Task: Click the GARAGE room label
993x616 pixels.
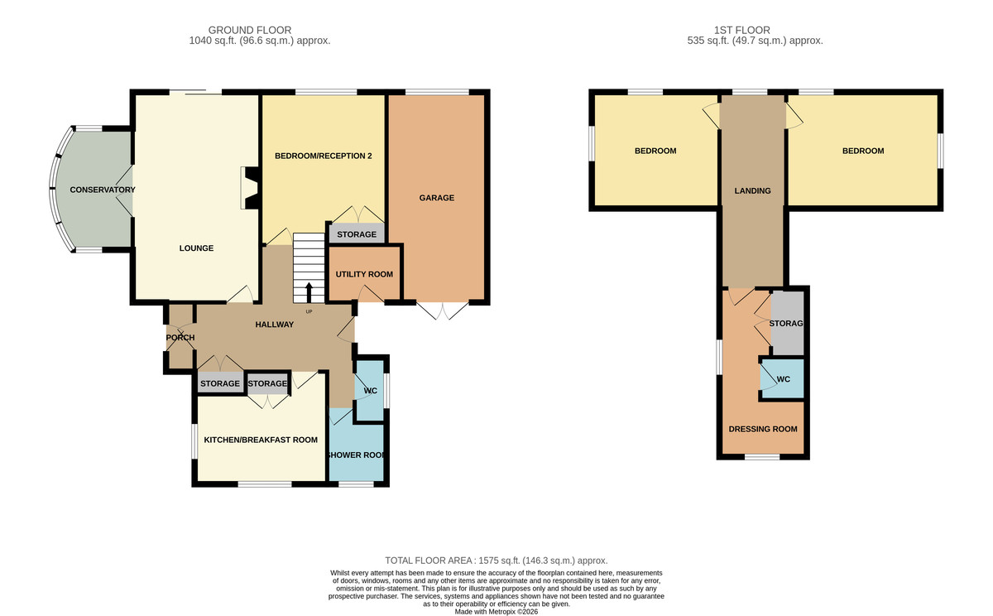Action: point(437,198)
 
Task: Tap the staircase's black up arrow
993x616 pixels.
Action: point(309,293)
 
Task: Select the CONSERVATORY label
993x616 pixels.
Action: point(103,190)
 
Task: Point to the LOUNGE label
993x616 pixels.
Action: point(196,248)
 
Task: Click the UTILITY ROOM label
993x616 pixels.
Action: point(364,275)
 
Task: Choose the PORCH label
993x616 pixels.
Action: point(180,338)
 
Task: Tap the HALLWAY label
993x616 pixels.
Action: point(275,325)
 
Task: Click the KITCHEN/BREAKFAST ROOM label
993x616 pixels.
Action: point(261,440)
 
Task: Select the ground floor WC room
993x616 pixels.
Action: point(370,390)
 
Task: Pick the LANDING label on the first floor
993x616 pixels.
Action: point(752,190)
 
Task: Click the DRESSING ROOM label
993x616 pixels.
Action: point(763,429)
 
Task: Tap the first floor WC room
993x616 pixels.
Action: point(783,378)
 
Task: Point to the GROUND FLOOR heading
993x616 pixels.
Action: point(250,30)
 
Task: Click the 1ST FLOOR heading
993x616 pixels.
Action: point(741,30)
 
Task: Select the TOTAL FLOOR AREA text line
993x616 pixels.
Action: point(496,561)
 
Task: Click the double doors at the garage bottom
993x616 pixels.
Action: point(442,310)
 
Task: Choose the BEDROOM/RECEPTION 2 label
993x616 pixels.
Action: point(324,156)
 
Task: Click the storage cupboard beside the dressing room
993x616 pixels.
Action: point(787,323)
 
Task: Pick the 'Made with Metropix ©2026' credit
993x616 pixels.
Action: point(496,612)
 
